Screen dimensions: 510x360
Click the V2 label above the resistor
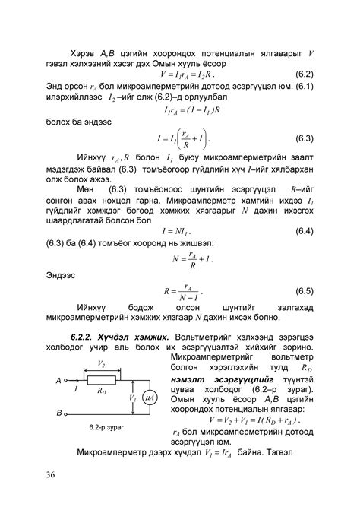point(102,366)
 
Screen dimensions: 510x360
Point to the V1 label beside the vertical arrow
point(132,397)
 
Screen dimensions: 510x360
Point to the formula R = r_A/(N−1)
point(182,291)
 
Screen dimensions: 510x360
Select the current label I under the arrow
point(76,388)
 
